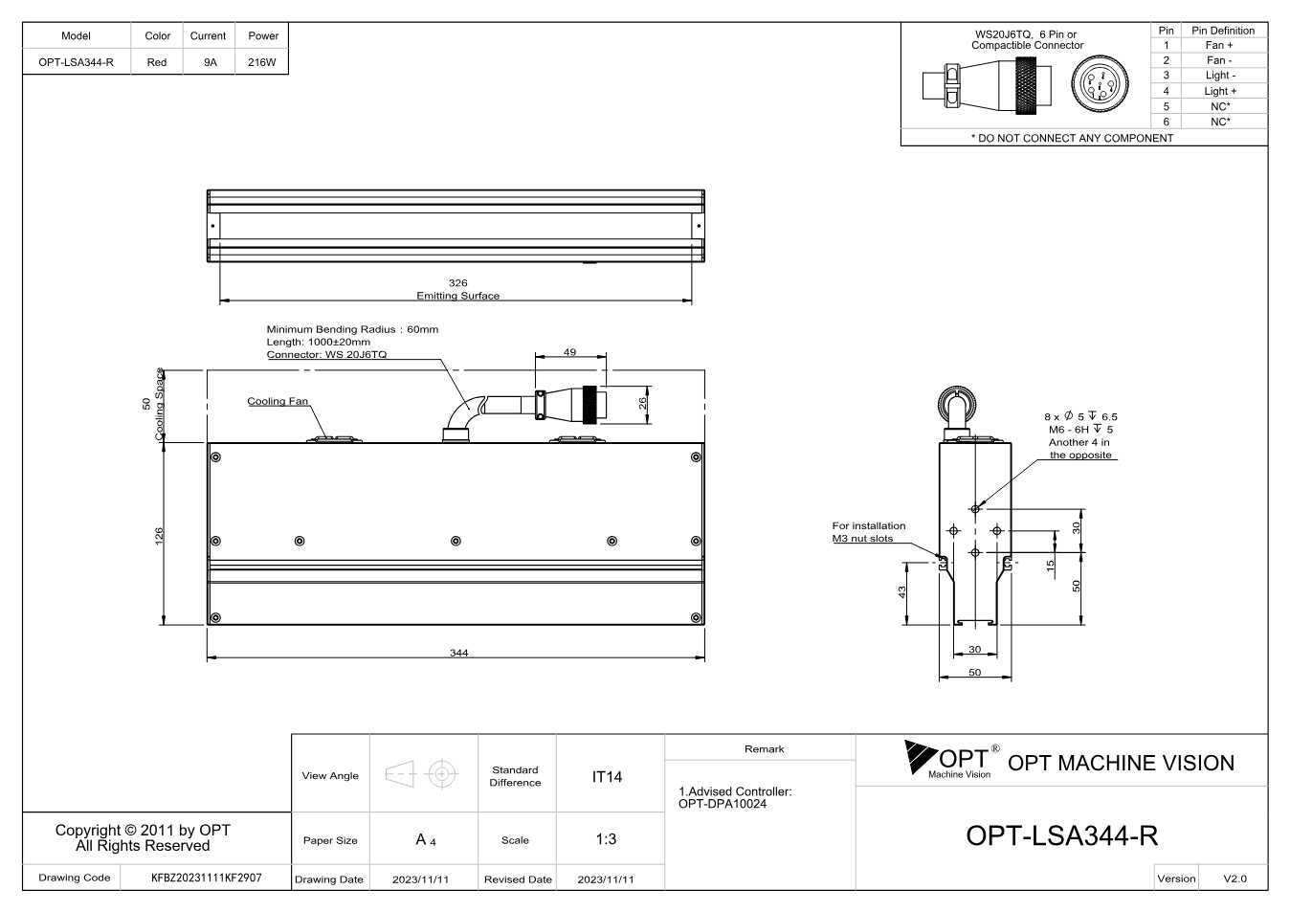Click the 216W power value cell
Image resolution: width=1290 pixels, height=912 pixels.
(262, 62)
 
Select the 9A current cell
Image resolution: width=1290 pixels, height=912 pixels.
(211, 62)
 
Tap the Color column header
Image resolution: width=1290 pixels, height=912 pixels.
(157, 35)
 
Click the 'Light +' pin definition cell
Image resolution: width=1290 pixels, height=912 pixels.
(1220, 91)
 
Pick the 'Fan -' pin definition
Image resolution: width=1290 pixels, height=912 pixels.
(1219, 60)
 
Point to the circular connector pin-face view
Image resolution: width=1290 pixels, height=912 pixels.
(1100, 84)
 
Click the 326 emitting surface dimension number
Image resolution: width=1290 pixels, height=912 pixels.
(457, 282)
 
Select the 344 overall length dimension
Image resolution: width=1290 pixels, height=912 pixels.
(458, 653)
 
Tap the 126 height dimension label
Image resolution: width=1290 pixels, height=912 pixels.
(159, 536)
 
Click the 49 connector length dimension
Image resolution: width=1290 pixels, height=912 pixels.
(569, 352)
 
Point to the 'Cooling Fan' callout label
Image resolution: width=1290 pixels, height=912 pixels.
(278, 401)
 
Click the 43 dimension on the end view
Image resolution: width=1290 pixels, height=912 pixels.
(901, 591)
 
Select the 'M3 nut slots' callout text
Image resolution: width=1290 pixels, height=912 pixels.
(862, 539)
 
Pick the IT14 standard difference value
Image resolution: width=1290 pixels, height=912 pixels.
(607, 777)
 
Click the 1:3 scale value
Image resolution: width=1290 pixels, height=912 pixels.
(606, 839)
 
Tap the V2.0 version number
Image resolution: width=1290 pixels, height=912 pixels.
(1234, 879)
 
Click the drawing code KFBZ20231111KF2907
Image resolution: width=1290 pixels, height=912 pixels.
(206, 878)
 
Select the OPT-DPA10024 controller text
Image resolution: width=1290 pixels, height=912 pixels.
(723, 804)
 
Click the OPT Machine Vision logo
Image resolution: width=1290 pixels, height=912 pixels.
(951, 759)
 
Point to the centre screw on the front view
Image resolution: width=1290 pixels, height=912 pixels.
(456, 541)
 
